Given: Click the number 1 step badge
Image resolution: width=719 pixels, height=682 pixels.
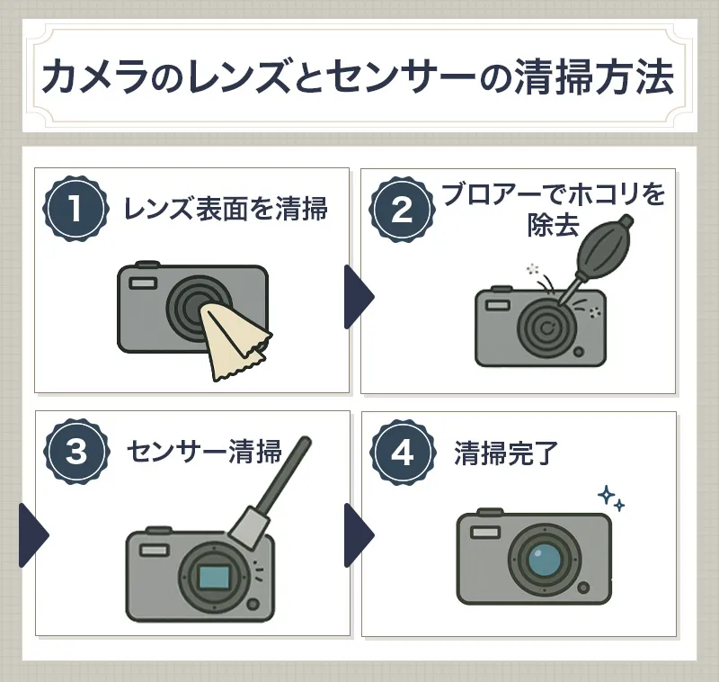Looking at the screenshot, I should tap(75, 209).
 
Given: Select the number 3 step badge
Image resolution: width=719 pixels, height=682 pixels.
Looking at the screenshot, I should tap(75, 453).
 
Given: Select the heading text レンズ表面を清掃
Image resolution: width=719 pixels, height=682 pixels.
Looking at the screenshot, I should tap(225, 210).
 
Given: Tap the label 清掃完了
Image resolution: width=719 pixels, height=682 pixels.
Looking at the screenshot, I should tap(506, 453).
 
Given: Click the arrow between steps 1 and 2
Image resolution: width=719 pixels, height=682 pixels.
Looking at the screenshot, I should tap(357, 297).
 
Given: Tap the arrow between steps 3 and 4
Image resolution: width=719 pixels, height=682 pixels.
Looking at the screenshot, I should tap(357, 535).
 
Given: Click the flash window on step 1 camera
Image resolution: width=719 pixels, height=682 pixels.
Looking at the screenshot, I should tap(142, 283).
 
